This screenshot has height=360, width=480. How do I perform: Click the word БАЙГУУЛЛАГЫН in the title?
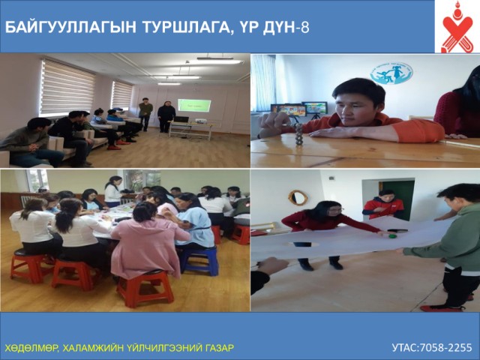pos(70,28)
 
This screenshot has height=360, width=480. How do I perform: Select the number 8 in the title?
pos(305,28)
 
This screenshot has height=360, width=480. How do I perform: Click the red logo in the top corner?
pos(457,27)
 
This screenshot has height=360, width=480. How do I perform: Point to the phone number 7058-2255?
pos(445,347)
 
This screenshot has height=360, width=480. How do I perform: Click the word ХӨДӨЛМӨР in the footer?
pos(31,348)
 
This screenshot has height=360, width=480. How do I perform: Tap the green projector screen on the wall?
pos(194,105)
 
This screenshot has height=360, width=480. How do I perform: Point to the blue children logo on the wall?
pos(391,73)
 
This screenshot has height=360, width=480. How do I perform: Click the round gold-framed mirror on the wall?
pos(298,198)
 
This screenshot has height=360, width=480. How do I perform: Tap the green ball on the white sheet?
pos(393,236)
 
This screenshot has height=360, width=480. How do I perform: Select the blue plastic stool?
pos(199,260)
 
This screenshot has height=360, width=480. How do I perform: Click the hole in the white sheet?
pos(304,244)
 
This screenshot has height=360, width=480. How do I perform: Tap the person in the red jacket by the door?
pos(382,205)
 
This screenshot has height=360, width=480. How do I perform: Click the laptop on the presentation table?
pos(181,119)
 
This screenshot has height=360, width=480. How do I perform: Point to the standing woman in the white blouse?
pos(112,192)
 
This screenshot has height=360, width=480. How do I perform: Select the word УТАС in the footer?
pos(405,347)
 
